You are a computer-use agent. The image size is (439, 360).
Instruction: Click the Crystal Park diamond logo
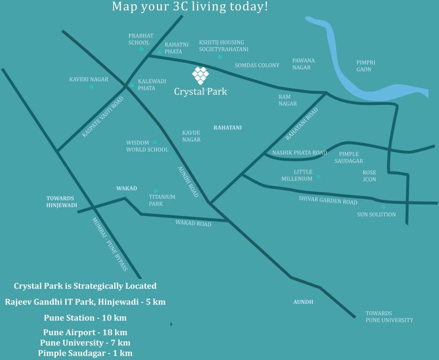(200, 75)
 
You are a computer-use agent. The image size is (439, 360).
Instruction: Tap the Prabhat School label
(141, 39)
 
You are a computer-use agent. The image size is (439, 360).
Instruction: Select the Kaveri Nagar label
(89, 79)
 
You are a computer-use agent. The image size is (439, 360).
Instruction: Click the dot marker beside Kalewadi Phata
(132, 85)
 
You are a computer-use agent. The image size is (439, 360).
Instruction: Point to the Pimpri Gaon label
(366, 66)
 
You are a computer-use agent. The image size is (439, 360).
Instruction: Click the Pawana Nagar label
(303, 64)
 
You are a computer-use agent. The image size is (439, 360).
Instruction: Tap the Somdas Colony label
(257, 65)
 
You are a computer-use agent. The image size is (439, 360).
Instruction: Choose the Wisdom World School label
(147, 146)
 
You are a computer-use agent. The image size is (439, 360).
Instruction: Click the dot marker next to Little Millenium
(318, 176)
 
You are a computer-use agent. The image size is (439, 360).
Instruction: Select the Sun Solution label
(376, 214)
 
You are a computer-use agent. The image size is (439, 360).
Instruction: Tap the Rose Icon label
(369, 176)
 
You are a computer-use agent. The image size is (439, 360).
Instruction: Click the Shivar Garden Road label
(328, 200)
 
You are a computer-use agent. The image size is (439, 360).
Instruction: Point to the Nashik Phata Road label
(300, 153)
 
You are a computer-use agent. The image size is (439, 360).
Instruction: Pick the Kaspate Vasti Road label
(103, 117)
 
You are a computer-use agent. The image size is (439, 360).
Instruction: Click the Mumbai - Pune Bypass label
(110, 244)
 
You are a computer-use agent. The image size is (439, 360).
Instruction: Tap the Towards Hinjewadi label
(61, 202)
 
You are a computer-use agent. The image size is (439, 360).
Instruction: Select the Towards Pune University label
(389, 316)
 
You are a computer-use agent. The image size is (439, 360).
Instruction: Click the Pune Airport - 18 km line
(85, 333)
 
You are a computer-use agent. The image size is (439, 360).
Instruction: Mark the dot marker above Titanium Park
(156, 191)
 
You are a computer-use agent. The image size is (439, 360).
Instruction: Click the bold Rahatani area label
(227, 127)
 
